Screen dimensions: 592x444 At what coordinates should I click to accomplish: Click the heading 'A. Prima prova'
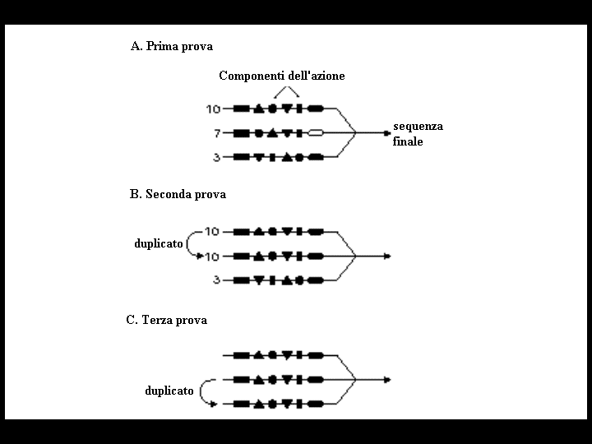click(x=172, y=46)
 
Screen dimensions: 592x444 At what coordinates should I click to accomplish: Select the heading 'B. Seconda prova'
click(x=178, y=194)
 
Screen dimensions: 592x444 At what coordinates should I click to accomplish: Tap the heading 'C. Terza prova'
click(x=166, y=320)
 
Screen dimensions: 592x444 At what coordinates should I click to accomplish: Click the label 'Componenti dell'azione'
click(x=282, y=76)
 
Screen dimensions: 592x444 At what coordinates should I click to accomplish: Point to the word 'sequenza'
click(x=418, y=126)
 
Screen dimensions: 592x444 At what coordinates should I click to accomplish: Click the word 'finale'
click(x=408, y=141)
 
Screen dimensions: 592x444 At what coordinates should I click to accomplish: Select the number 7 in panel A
click(x=217, y=133)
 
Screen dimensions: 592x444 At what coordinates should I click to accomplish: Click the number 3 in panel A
click(x=217, y=157)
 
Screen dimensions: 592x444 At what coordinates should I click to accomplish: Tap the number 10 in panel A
click(x=213, y=109)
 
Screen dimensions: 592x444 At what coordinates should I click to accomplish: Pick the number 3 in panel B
click(x=217, y=280)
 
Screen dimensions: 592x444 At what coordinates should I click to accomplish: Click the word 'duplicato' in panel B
click(x=159, y=243)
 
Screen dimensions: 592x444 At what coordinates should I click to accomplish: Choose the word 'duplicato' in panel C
click(x=169, y=391)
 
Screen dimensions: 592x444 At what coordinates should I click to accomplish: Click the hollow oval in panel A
click(x=316, y=133)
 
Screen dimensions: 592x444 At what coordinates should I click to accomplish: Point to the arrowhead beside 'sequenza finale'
click(x=387, y=133)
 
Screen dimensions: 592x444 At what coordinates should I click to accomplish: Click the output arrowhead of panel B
click(x=387, y=257)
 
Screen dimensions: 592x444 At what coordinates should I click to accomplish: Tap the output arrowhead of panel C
click(x=387, y=380)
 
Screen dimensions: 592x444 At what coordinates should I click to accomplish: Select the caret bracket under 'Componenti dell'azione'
click(x=287, y=88)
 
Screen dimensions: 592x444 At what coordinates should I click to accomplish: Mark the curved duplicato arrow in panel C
click(x=201, y=391)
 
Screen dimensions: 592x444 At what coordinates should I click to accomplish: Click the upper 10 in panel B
click(x=212, y=231)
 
